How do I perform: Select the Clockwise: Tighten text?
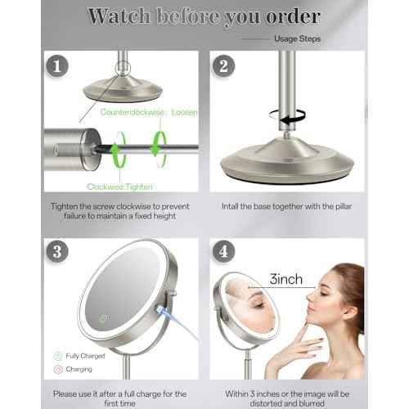124,187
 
